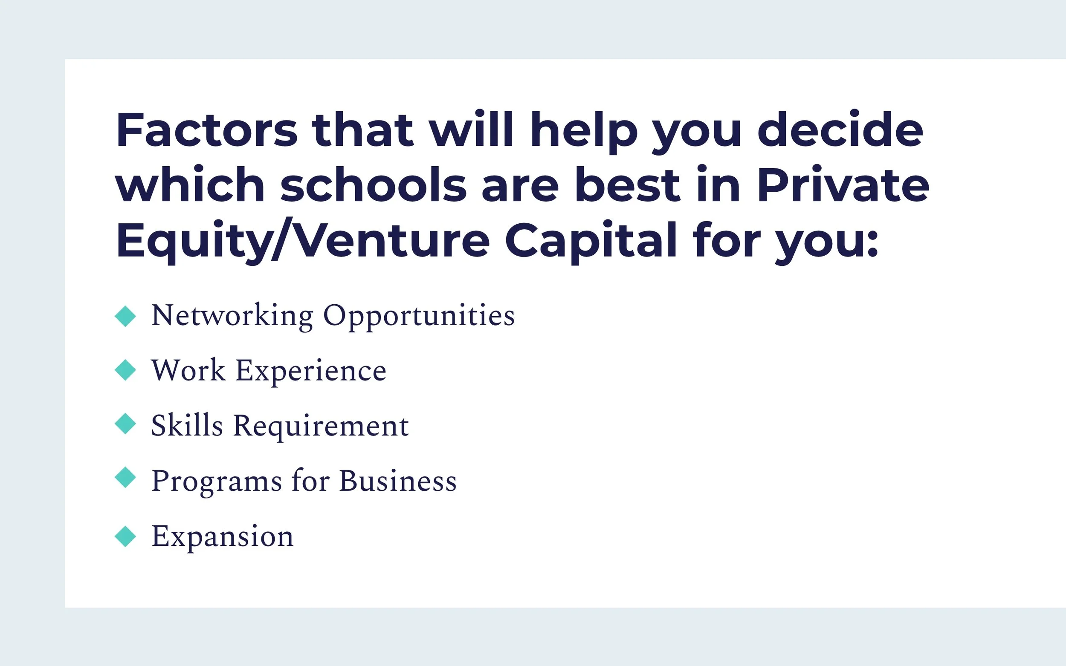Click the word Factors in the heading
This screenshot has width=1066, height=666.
point(206,130)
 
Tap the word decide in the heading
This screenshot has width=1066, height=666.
point(840,130)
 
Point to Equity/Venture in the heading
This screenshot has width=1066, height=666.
point(302,240)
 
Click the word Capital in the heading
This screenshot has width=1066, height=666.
point(591,240)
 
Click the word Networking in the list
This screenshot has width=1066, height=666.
point(232,316)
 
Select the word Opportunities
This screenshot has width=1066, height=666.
point(419,316)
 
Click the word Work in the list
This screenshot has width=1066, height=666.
point(188,370)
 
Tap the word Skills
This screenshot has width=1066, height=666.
point(187,426)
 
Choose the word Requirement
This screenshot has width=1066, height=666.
point(321,427)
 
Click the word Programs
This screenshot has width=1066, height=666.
point(216,481)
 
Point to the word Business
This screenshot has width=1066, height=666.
point(397,481)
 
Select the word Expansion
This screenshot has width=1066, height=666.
point(222,537)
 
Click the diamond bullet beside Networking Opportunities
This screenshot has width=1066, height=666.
point(125,316)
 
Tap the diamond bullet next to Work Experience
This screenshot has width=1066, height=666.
point(125,370)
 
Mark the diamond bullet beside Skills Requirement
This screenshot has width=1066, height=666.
point(125,424)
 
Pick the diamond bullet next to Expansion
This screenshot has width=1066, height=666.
point(125,536)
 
